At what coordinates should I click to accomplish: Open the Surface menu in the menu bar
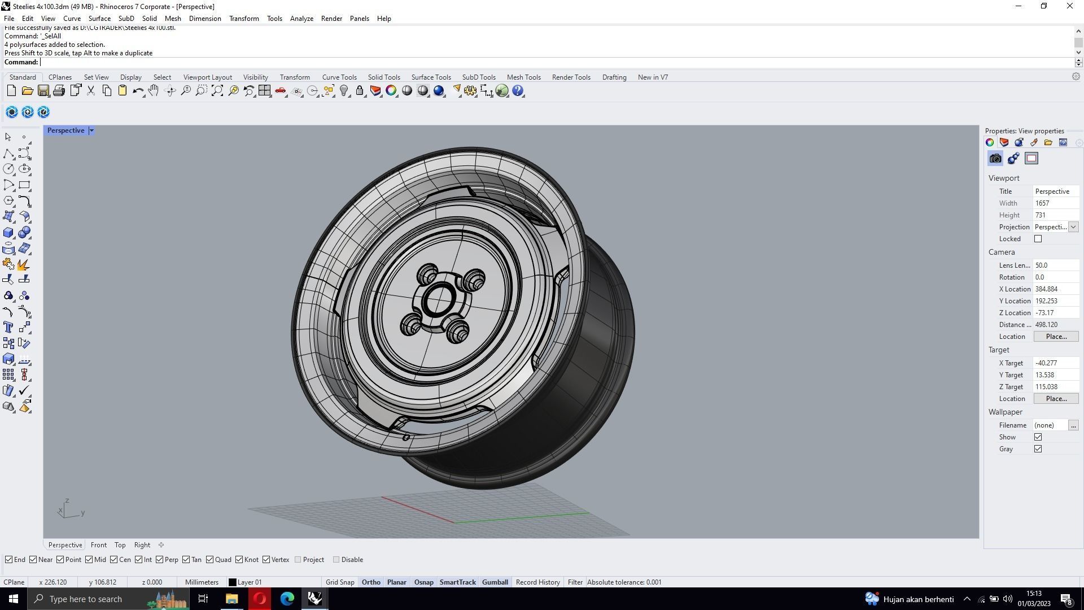click(99, 19)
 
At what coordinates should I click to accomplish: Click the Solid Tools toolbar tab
click(384, 77)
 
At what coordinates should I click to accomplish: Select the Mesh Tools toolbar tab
click(523, 77)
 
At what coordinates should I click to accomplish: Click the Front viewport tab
click(98, 545)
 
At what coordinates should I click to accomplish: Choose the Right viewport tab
click(142, 545)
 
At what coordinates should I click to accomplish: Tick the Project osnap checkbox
click(298, 560)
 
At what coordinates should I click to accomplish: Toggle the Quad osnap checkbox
click(210, 560)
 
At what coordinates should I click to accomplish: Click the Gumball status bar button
click(495, 582)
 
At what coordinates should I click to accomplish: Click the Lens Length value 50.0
click(1055, 265)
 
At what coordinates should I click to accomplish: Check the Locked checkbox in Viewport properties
click(1038, 239)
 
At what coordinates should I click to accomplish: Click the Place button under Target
click(1056, 399)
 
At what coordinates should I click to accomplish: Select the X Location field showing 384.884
click(1055, 289)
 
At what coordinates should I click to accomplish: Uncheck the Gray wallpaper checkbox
click(1038, 449)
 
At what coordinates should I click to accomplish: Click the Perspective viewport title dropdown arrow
click(91, 130)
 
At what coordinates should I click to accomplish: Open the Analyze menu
click(301, 19)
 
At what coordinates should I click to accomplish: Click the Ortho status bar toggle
click(371, 582)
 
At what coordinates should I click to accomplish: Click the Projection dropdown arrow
click(1073, 227)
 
